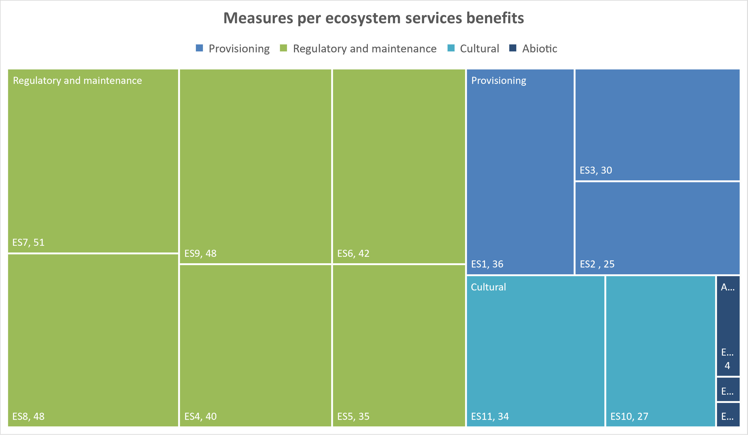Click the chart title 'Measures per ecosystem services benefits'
pyautogui.click(x=373, y=18)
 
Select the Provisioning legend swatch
pyautogui.click(x=199, y=48)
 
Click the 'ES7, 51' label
pyautogui.click(x=29, y=243)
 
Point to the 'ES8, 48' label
pyautogui.click(x=29, y=417)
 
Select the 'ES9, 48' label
pyautogui.click(x=200, y=254)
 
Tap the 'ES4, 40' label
pyautogui.click(x=200, y=417)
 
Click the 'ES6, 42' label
pyautogui.click(x=353, y=254)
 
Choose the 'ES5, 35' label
pyautogui.click(x=353, y=417)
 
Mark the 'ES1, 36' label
pyautogui.click(x=487, y=264)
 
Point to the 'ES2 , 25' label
pyautogui.click(x=597, y=264)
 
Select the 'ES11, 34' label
pyautogui.click(x=490, y=417)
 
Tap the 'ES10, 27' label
pyautogui.click(x=629, y=417)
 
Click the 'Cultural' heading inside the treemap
pyautogui.click(x=488, y=287)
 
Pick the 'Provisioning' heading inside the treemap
pyautogui.click(x=498, y=81)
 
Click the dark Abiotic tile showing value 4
pyautogui.click(x=728, y=326)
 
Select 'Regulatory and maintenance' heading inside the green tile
pyautogui.click(x=78, y=81)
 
